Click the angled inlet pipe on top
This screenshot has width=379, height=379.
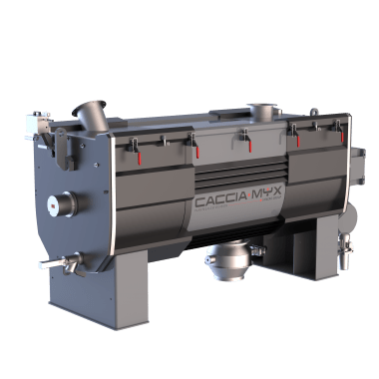click(91, 115)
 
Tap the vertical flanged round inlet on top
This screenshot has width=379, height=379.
click(262, 112)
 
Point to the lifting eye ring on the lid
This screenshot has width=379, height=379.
click(313, 112)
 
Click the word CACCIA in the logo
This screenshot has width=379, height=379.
click(218, 201)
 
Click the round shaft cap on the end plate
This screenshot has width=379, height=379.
click(63, 203)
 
